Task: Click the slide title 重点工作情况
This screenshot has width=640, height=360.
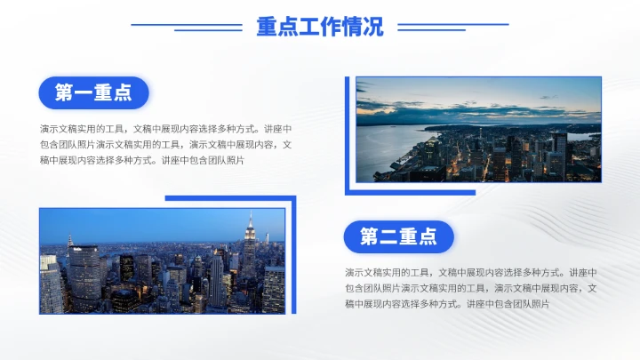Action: pyautogui.click(x=320, y=27)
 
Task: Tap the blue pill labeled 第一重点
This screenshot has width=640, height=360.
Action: pyautogui.click(x=93, y=92)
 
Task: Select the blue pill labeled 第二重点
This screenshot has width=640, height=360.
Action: pyautogui.click(x=398, y=236)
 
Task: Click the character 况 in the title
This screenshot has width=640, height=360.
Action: pyautogui.click(x=373, y=27)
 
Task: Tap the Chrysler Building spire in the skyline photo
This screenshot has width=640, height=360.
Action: pyautogui.click(x=69, y=242)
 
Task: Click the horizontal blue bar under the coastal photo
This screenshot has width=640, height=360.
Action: pyautogui.click(x=410, y=192)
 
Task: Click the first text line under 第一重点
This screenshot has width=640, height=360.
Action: pyautogui.click(x=165, y=128)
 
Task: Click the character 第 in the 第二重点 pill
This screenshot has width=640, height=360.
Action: pyautogui.click(x=369, y=236)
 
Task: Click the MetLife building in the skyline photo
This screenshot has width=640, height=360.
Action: pyautogui.click(x=85, y=276)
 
